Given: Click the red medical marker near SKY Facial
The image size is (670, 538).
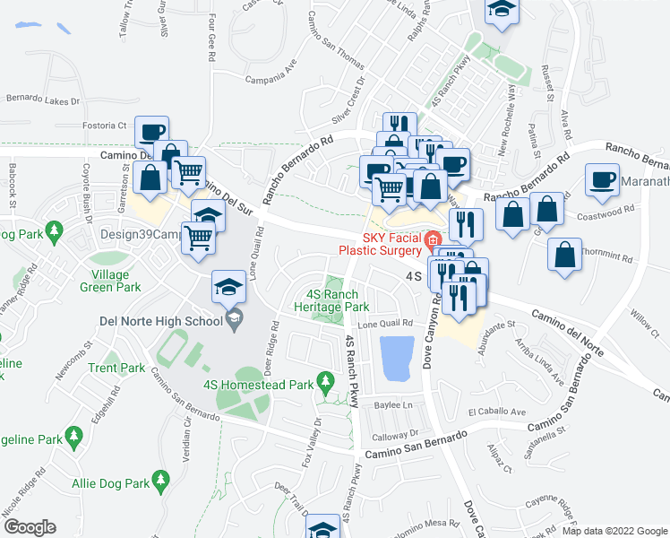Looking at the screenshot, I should (433, 239).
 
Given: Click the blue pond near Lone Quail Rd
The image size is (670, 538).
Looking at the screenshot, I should (399, 358).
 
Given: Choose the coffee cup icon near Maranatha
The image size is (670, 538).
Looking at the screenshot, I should (601, 179).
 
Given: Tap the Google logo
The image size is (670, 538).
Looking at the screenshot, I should (29, 526).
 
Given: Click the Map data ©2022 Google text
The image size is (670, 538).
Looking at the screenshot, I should (614, 531).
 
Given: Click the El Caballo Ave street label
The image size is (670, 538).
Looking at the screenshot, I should (496, 412).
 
